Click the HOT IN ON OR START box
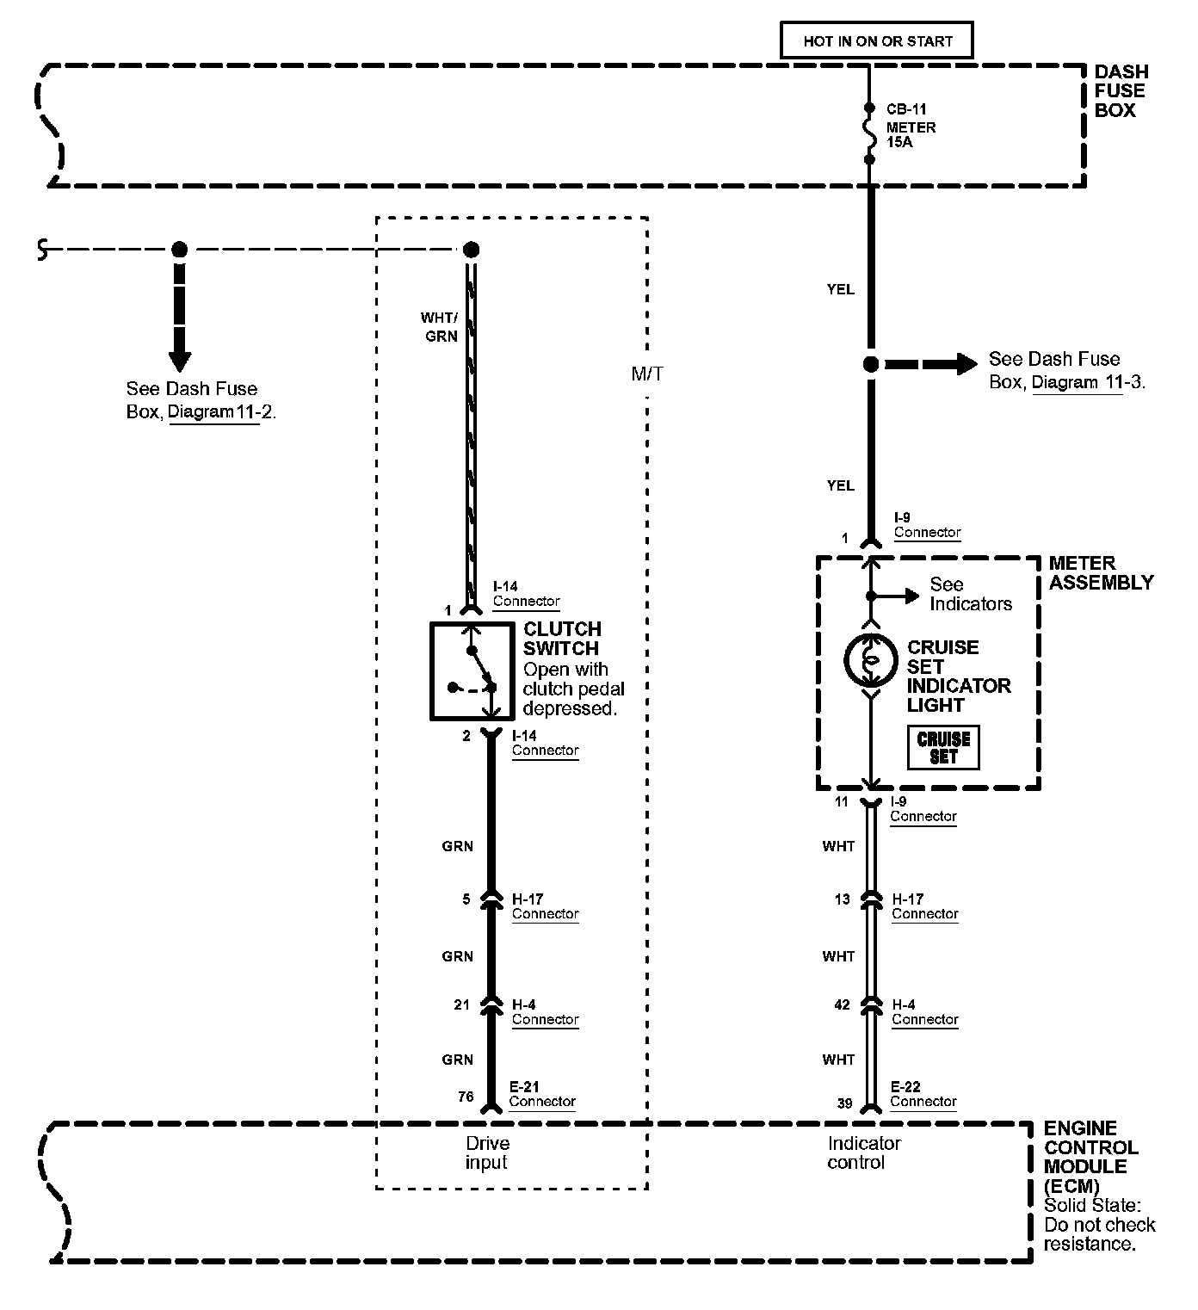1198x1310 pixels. (877, 40)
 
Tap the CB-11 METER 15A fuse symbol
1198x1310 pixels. (869, 133)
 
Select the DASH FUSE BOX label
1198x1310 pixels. (1121, 90)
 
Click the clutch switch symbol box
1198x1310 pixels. (472, 671)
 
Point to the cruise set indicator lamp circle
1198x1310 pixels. (871, 660)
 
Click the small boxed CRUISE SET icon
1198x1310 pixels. (943, 748)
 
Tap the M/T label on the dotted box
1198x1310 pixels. (646, 374)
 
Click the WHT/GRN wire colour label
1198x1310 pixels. (440, 327)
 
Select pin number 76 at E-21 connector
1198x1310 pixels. (466, 1097)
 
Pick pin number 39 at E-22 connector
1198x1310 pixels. (844, 1103)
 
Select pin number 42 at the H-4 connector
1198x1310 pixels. (842, 1005)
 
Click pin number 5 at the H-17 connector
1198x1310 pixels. (466, 899)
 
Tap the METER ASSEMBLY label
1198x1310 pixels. (1102, 572)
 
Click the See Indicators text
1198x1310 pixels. (971, 594)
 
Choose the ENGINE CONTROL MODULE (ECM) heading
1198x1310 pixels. (1091, 1157)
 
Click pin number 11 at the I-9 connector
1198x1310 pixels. (842, 801)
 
